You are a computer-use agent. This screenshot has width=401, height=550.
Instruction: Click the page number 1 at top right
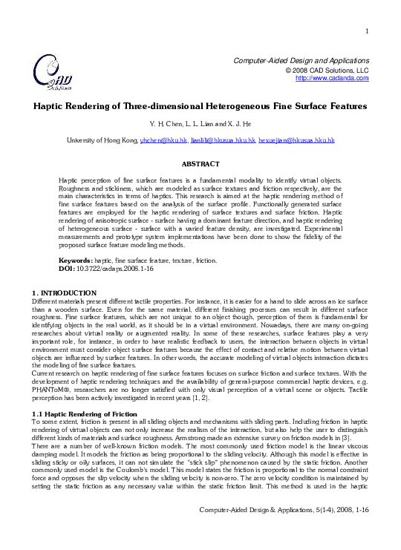pyautogui.click(x=368, y=30)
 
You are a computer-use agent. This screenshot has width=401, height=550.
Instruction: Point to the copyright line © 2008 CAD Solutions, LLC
pyautogui.click(x=327, y=69)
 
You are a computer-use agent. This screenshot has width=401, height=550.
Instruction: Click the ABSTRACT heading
pyautogui.click(x=200, y=162)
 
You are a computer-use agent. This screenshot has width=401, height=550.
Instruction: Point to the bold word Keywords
pyautogui.click(x=75, y=261)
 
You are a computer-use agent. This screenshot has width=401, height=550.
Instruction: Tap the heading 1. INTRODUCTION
pyautogui.click(x=65, y=293)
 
